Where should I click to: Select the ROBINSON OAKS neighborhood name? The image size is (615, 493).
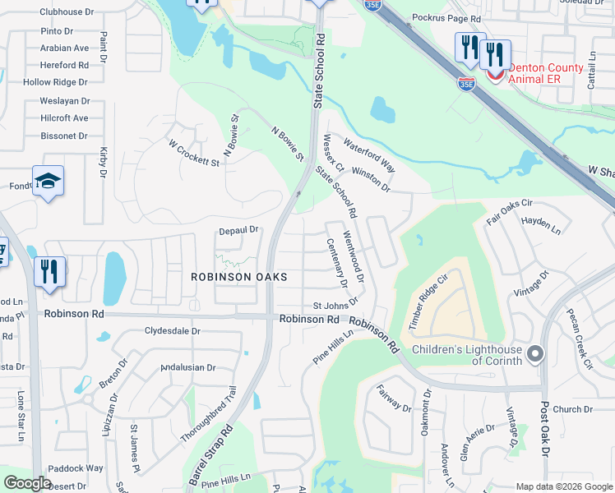point(239,277)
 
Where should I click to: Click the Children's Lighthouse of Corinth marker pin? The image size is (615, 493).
point(536,354)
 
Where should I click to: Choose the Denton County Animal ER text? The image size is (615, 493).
point(546,73)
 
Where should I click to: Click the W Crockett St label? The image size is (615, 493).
point(194,153)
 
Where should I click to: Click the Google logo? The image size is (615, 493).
point(27,483)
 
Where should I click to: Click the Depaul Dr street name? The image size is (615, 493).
point(238,230)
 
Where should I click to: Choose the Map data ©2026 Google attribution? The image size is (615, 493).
point(563,486)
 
